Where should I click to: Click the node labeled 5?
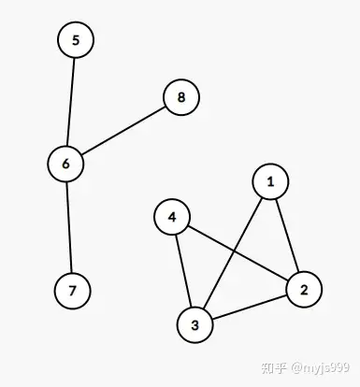(x=76, y=40)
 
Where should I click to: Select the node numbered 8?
(x=181, y=97)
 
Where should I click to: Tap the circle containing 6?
(x=65, y=164)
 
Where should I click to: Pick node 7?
(x=72, y=291)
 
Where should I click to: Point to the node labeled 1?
(x=270, y=181)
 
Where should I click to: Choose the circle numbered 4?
(x=172, y=218)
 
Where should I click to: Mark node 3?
(x=194, y=325)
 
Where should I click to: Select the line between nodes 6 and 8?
(x=123, y=131)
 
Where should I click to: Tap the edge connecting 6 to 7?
(x=68, y=227)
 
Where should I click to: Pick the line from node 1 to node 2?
(x=286, y=235)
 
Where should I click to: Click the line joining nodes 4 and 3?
(x=183, y=271)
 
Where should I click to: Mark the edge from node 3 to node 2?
(x=249, y=308)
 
